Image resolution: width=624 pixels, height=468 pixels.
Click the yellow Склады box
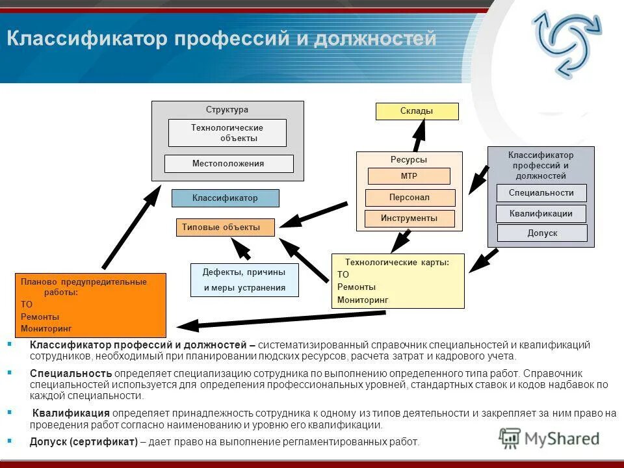click(x=417, y=111)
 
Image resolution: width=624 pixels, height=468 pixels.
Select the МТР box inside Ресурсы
click(x=409, y=176)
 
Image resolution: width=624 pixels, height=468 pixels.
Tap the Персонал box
click(x=409, y=198)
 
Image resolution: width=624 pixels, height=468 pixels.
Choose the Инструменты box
click(x=409, y=218)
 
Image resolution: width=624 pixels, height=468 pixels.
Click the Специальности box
click(x=541, y=193)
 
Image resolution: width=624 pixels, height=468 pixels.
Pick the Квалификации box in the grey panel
click(x=541, y=214)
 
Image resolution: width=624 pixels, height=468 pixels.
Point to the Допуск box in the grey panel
click(x=542, y=233)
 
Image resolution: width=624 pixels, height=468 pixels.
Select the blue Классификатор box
click(x=225, y=198)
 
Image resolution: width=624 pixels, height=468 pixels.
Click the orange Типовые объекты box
click(x=225, y=227)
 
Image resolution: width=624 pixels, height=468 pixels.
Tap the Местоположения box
click(x=228, y=164)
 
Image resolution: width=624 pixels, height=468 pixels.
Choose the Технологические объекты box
click(x=227, y=133)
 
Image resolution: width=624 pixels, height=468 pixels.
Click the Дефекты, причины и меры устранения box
click(x=244, y=280)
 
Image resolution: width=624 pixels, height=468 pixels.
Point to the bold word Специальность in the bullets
click(x=71, y=374)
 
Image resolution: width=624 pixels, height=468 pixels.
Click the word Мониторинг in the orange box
click(x=46, y=329)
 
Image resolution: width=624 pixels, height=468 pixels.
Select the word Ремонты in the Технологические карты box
click(x=356, y=287)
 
